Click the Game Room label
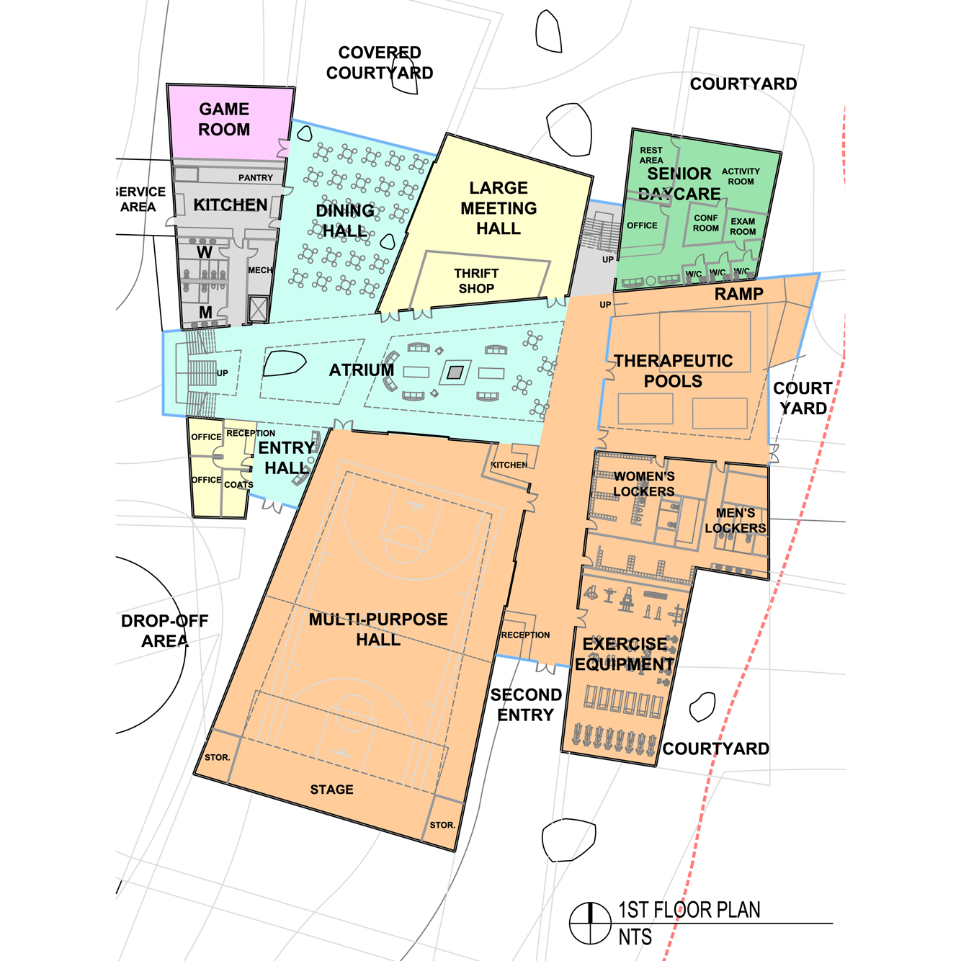click(x=224, y=119)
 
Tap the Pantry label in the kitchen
click(x=255, y=177)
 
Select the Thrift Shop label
click(x=476, y=281)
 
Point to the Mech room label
click(x=260, y=270)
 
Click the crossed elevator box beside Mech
click(x=258, y=310)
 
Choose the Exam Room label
click(x=743, y=226)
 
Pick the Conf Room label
click(x=706, y=223)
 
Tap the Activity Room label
click(x=741, y=176)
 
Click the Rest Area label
click(x=651, y=155)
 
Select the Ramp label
click(x=738, y=294)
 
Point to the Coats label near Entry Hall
click(x=238, y=485)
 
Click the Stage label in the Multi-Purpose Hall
click(x=331, y=790)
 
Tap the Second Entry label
click(x=526, y=705)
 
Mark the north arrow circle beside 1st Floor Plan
click(x=590, y=923)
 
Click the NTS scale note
click(x=635, y=937)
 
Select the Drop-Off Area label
click(x=164, y=631)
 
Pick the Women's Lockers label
click(x=643, y=483)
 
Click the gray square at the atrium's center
click(x=455, y=372)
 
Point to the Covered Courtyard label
click(x=380, y=63)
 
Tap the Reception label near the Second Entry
click(x=526, y=635)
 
